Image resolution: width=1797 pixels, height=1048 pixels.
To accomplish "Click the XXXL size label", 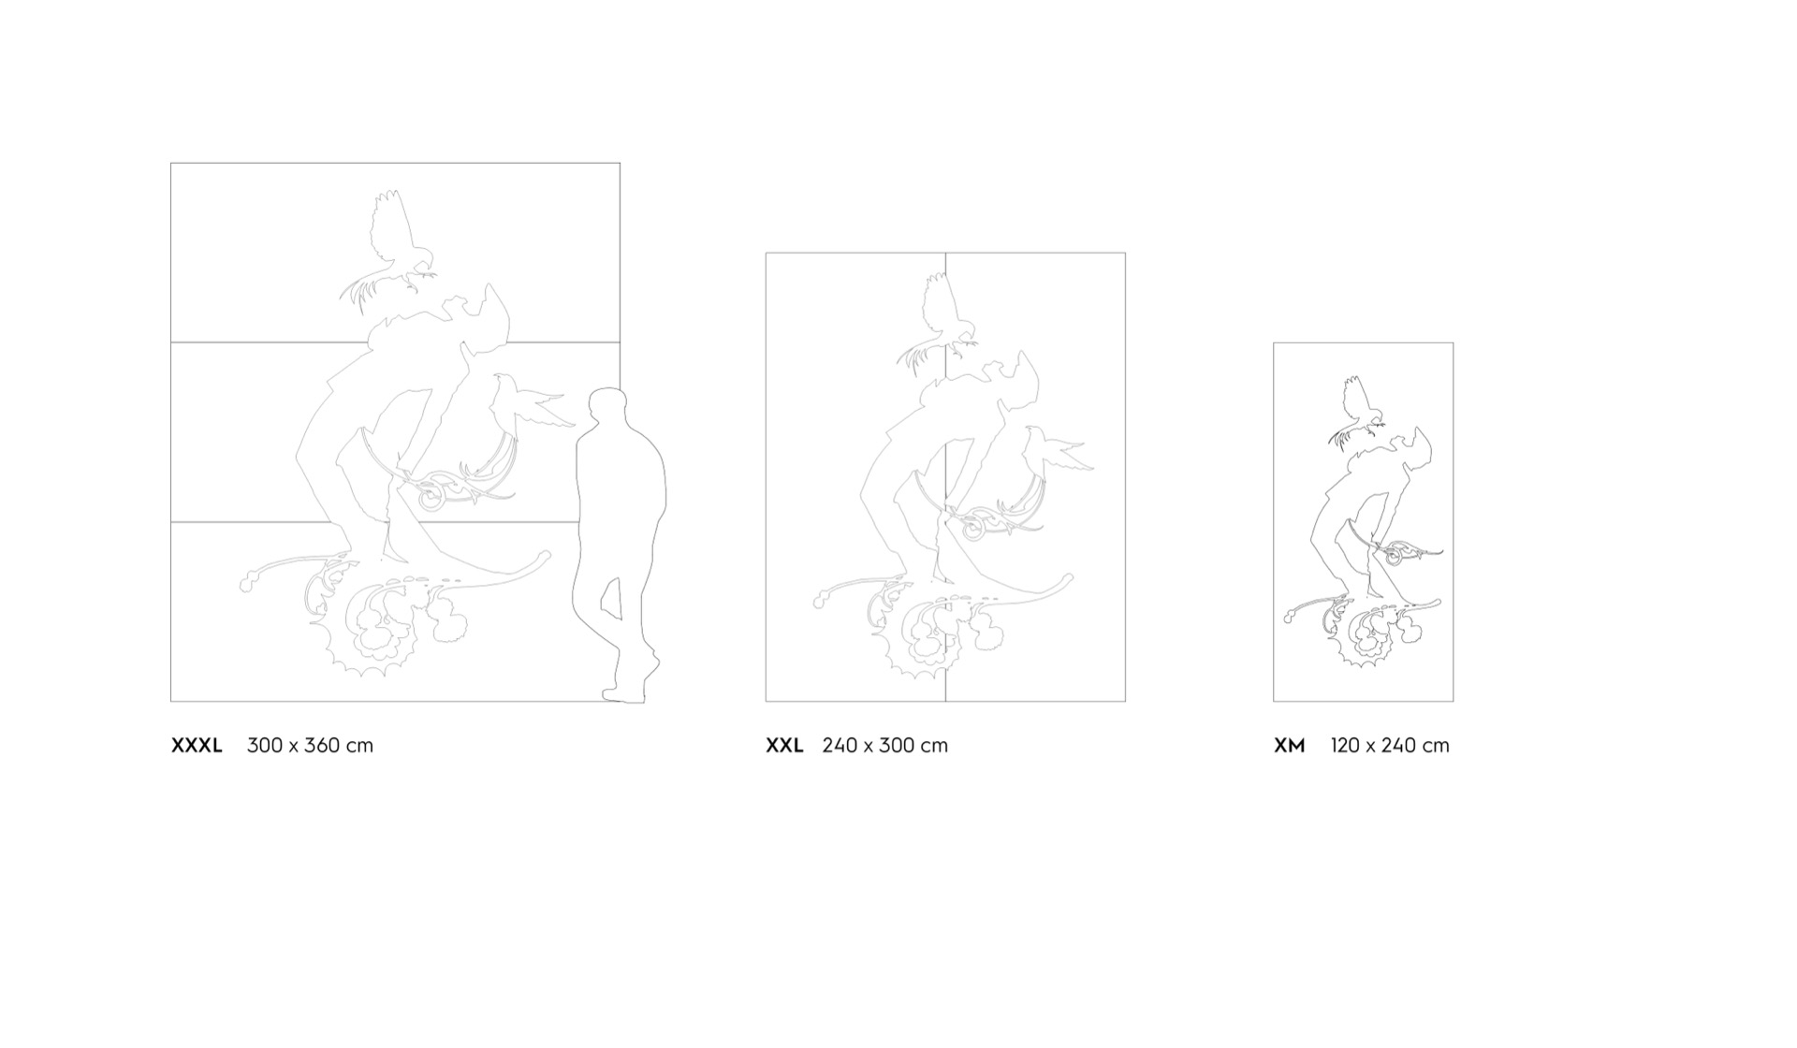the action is pyautogui.click(x=197, y=746).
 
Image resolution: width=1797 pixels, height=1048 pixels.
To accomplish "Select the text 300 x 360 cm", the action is pyautogui.click(x=310, y=746).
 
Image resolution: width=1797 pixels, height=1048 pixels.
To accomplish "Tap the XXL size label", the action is pyautogui.click(x=784, y=746).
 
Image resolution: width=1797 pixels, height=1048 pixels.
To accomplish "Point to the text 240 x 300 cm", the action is pyautogui.click(x=884, y=746).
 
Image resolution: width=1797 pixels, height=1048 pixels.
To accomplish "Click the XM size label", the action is pyautogui.click(x=1289, y=746).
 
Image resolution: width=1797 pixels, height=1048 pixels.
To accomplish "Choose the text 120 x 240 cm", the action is pyautogui.click(x=1390, y=746).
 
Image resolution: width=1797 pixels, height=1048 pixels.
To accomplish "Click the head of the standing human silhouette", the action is pyautogui.click(x=608, y=408).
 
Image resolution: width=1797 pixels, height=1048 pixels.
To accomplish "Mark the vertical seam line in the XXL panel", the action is pyautogui.click(x=945, y=477).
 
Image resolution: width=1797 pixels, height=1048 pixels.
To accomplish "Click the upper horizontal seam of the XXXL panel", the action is pyautogui.click(x=395, y=342).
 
